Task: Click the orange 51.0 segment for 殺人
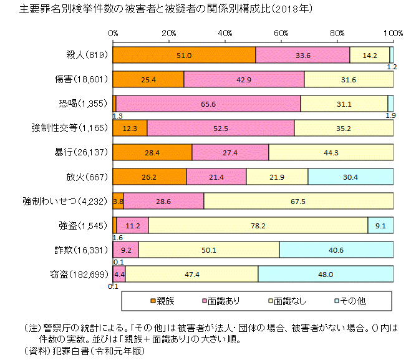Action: point(184,55)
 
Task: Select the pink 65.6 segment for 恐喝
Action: point(208,104)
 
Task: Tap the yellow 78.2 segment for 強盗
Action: point(258,225)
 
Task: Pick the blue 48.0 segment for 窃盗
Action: point(326,274)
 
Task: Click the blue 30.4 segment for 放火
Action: point(351,177)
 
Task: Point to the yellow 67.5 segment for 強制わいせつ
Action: point(298,201)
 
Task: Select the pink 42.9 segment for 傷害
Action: point(244,79)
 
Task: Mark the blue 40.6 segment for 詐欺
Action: point(336,250)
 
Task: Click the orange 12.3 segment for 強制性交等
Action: point(130,128)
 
